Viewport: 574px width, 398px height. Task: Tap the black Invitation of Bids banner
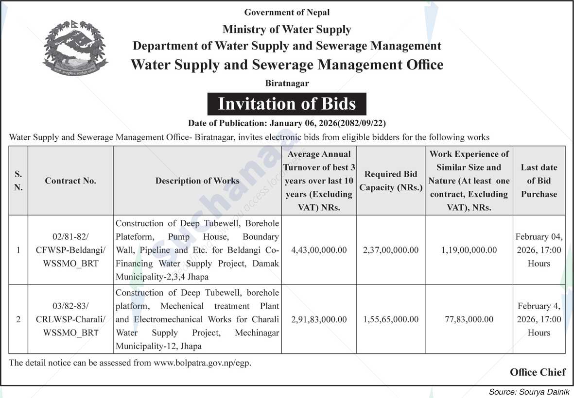click(x=287, y=104)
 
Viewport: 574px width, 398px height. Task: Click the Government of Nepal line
click(x=287, y=12)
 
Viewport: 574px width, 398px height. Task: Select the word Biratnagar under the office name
click(x=287, y=83)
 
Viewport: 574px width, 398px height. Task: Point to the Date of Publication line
click(x=287, y=123)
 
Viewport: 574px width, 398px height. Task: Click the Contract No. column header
click(x=70, y=181)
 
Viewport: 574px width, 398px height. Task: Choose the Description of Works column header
click(x=197, y=181)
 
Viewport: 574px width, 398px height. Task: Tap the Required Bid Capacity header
click(x=391, y=181)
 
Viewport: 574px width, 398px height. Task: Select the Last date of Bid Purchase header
click(x=539, y=181)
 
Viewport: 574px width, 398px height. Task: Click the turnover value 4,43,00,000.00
click(x=319, y=250)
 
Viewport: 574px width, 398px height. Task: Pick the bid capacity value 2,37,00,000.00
click(x=391, y=250)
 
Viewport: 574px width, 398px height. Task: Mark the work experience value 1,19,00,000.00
click(x=469, y=250)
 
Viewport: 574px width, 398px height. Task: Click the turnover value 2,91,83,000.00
click(x=319, y=319)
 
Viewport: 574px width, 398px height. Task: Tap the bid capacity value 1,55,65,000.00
click(x=391, y=319)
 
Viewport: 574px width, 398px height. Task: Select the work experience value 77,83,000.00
click(x=469, y=319)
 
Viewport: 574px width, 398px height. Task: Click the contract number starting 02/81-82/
click(x=70, y=250)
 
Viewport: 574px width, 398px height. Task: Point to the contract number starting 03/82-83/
click(x=70, y=319)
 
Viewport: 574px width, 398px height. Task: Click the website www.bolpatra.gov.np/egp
click(x=202, y=363)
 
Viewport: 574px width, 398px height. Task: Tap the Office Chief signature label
click(x=538, y=372)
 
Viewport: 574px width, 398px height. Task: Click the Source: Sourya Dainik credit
click(x=529, y=392)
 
